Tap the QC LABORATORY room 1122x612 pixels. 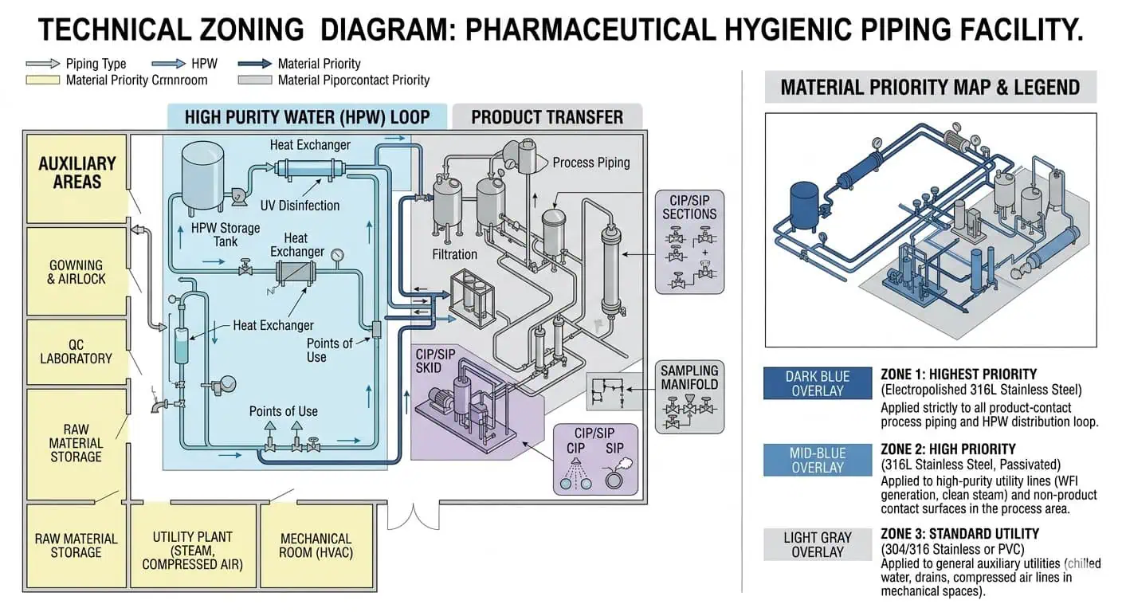[x=76, y=351]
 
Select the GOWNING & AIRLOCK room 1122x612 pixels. [x=76, y=272]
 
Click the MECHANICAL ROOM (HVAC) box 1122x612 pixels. [x=316, y=545]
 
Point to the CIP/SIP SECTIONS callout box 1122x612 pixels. [x=689, y=241]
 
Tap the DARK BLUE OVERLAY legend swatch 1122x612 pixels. [x=818, y=383]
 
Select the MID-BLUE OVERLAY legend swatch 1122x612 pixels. [x=818, y=461]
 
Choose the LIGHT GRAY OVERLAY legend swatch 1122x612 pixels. [x=818, y=544]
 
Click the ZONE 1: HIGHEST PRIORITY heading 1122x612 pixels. [x=959, y=374]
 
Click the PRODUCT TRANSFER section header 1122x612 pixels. [x=547, y=117]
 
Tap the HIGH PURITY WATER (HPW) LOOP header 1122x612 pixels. [x=307, y=117]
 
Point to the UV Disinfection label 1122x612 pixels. [x=300, y=206]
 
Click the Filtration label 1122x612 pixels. [x=454, y=254]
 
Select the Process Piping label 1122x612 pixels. [x=590, y=163]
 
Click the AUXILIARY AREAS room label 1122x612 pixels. [x=77, y=173]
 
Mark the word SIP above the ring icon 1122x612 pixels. [x=614, y=449]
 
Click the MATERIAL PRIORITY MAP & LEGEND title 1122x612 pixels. [x=930, y=87]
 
